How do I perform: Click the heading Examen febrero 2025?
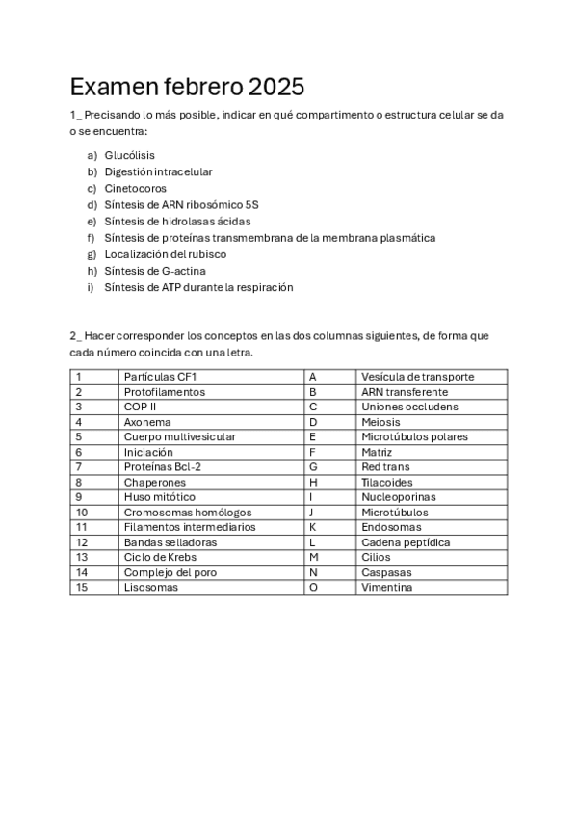(187, 88)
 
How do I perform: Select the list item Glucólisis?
(130, 155)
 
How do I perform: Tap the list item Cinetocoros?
(136, 188)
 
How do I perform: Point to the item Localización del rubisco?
(166, 254)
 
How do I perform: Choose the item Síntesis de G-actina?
(155, 271)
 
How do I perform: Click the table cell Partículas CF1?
(160, 377)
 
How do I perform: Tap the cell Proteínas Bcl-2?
(162, 466)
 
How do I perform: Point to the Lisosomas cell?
(151, 587)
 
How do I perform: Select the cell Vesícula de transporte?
(418, 377)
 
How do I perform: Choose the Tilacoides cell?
(387, 482)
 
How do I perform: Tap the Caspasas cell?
(386, 572)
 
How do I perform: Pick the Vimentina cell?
(387, 587)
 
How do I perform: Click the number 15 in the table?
(81, 587)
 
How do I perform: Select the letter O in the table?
(313, 587)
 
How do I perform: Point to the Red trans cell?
(385, 466)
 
